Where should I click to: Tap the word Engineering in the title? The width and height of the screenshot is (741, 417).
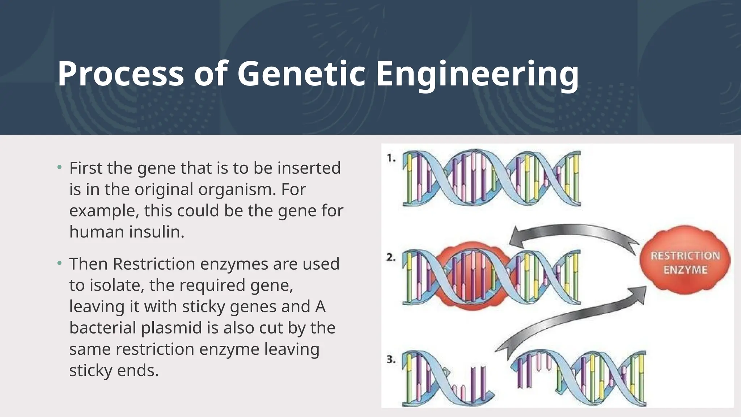477,74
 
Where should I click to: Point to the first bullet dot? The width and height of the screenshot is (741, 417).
60,168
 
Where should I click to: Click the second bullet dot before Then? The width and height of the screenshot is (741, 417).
60,263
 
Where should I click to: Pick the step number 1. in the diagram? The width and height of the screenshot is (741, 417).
391,158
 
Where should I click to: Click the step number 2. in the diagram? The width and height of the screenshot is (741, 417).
391,258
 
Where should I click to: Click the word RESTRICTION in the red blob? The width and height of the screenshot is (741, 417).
685,256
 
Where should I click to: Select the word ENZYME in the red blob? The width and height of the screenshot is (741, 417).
685,270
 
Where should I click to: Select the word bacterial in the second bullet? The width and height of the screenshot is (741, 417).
102,328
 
